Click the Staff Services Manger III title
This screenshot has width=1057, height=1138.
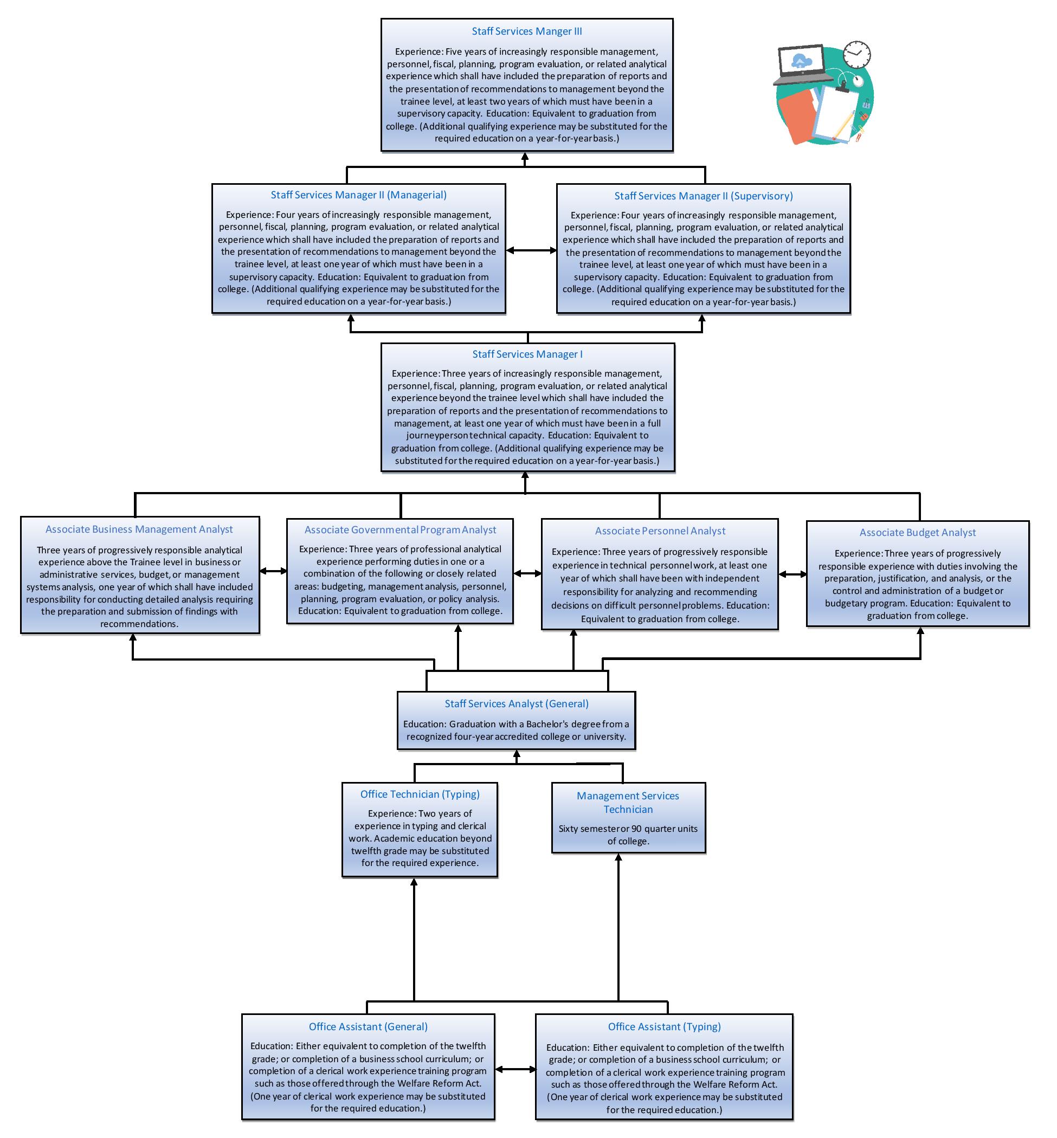(x=527, y=31)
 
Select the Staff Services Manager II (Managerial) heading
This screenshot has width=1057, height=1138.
(x=359, y=195)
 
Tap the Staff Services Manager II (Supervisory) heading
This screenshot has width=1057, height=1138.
(x=704, y=196)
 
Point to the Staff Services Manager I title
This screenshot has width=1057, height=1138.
(x=527, y=354)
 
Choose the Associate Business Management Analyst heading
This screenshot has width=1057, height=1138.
(x=139, y=529)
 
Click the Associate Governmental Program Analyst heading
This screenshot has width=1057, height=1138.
(x=401, y=530)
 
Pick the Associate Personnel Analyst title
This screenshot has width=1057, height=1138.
(x=660, y=531)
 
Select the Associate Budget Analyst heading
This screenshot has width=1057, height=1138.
(x=918, y=533)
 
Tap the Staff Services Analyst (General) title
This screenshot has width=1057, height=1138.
(x=517, y=704)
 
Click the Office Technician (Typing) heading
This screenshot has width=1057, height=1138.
(x=420, y=794)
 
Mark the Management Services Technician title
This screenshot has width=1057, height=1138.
(x=628, y=803)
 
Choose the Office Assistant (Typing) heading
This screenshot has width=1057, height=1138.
(x=664, y=1026)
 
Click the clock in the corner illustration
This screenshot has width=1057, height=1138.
(x=856, y=54)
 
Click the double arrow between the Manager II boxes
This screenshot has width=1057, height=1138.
(x=531, y=250)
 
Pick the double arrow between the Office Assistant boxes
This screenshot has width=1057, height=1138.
(x=515, y=1069)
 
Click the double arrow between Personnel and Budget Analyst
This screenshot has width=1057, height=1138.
(x=792, y=574)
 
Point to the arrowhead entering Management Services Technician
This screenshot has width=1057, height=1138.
(x=618, y=858)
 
